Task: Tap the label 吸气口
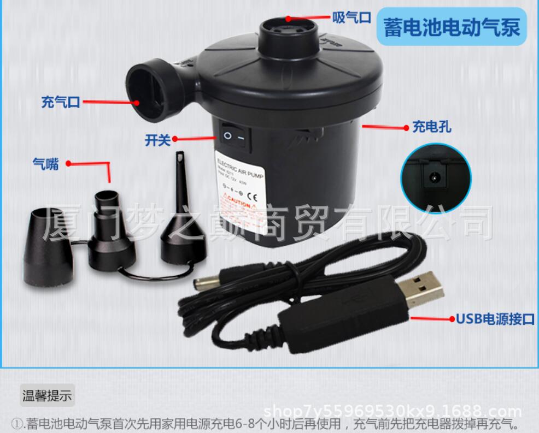[x=352, y=17]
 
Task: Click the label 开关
[x=157, y=140]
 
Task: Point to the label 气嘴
[x=45, y=163]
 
